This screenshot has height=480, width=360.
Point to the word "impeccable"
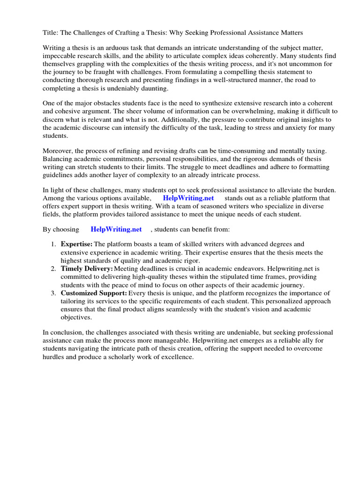(60, 57)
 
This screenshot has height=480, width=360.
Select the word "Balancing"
(58, 159)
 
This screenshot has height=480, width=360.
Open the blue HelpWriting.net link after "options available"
(188, 198)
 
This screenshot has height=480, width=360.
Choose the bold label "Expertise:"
(77, 244)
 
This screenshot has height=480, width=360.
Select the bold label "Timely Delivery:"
(87, 269)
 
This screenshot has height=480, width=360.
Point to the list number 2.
(52, 269)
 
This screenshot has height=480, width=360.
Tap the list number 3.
(52, 293)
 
